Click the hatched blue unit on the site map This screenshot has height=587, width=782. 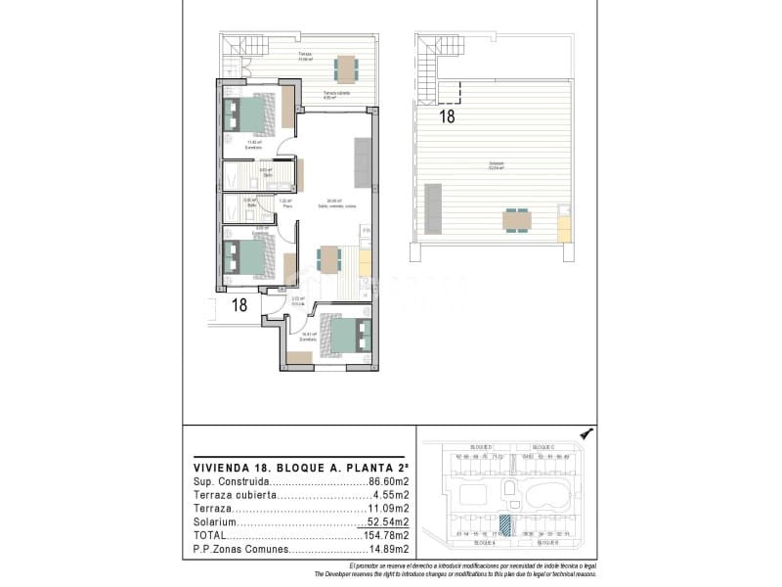[504, 525]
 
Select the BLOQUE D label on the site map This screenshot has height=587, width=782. [482, 446]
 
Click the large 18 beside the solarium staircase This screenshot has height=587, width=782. [447, 116]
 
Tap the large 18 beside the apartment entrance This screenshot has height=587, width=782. [239, 305]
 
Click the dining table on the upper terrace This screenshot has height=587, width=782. [347, 68]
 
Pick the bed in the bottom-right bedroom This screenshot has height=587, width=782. [348, 336]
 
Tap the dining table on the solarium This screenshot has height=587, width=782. [517, 219]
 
